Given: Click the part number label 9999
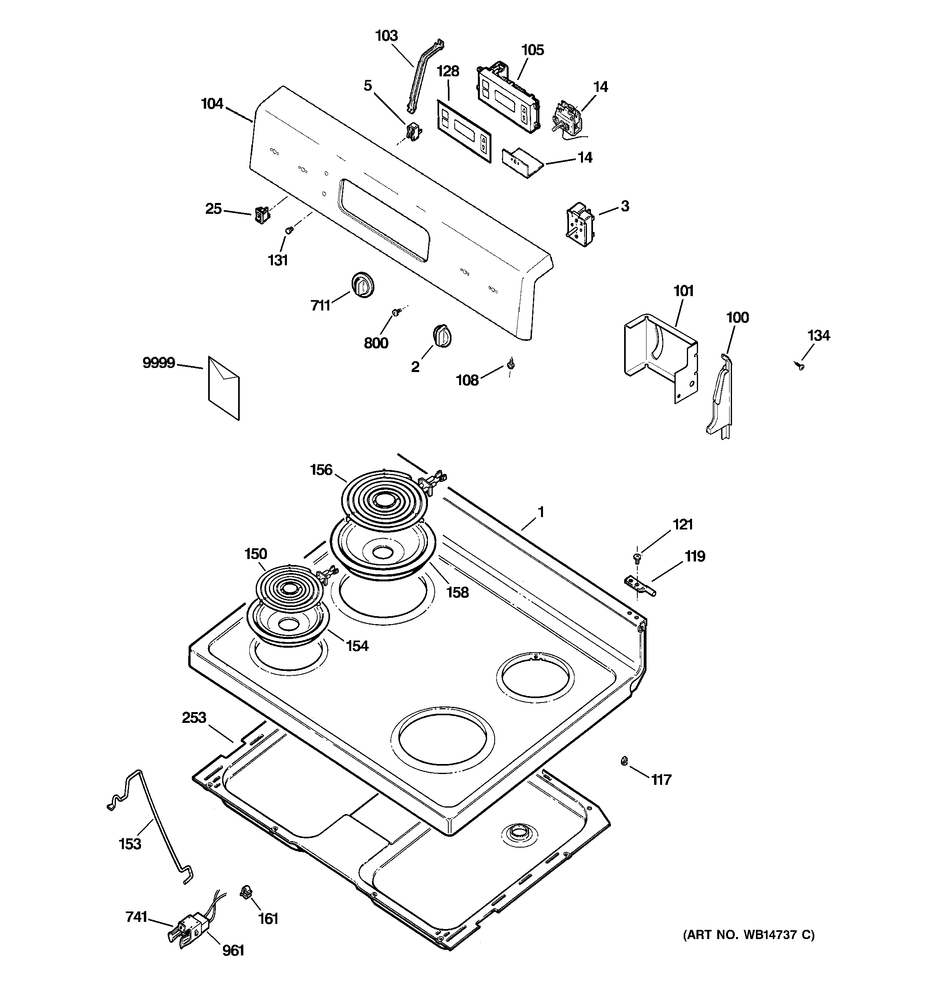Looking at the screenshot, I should [159, 363].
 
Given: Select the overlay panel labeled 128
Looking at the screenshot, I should [463, 130].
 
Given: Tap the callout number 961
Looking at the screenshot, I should [233, 951].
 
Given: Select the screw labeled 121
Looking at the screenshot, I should [637, 557].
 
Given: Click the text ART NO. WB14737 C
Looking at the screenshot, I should [748, 935].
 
